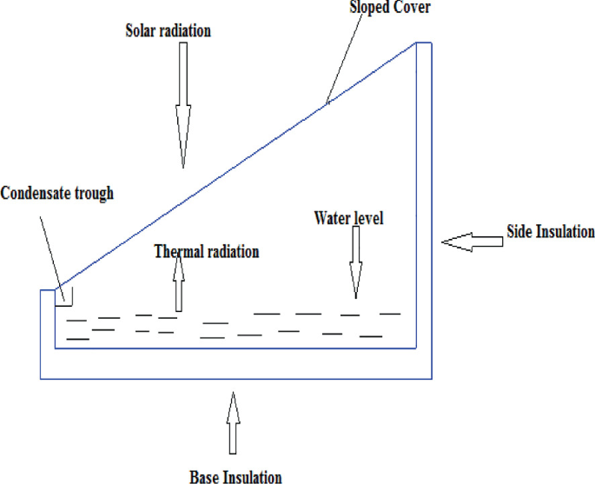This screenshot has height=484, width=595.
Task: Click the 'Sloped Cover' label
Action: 391,8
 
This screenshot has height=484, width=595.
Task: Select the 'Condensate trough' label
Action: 57,193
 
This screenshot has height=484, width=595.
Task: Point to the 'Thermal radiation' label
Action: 207,252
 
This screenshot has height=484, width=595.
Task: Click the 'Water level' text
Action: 348,216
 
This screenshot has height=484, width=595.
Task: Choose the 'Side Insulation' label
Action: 551,231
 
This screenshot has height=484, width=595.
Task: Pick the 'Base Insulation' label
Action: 235,475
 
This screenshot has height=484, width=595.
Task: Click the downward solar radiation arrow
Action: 183,104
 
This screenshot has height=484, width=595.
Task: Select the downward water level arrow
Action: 354,265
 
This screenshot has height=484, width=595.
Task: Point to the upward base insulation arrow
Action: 231,423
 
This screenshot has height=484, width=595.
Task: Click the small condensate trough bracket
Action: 65,297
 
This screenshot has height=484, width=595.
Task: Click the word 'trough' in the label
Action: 94,193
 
